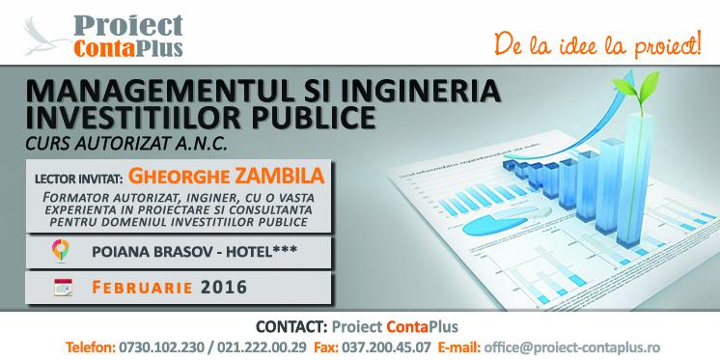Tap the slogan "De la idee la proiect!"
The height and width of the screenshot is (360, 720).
pos(598,45)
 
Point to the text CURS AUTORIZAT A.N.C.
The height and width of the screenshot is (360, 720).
pos(126,144)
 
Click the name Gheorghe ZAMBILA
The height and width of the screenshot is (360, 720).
pos(227,177)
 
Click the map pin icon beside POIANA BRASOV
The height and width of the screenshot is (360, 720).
pos(60,250)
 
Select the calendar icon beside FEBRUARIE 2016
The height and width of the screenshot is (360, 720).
pos(63,288)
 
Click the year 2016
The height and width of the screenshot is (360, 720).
pos(224,288)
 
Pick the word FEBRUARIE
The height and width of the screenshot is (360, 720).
pos(142,288)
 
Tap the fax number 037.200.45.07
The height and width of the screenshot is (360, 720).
pos(386,346)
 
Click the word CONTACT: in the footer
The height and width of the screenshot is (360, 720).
pos(291,326)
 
